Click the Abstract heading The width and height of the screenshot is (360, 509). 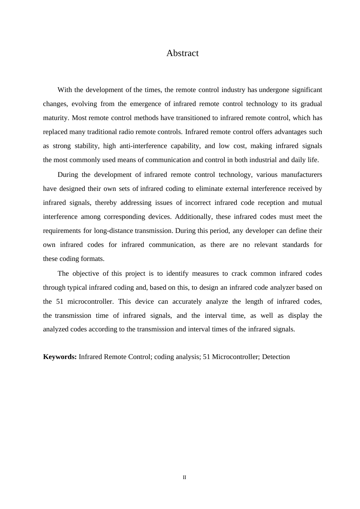point(182,53)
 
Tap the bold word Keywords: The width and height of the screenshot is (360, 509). point(60,357)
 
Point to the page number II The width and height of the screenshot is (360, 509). point(185,478)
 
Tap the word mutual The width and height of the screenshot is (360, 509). point(312,203)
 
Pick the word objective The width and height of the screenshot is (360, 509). point(86,273)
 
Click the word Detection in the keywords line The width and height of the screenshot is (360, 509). point(276,357)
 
